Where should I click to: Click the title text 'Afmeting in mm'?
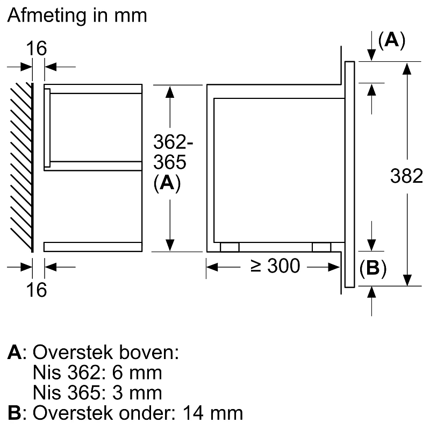pyautogui.click(x=77, y=15)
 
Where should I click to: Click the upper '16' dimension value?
pyautogui.click(x=37, y=48)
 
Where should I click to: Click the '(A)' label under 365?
pyautogui.click(x=167, y=183)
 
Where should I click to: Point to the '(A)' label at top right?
pyautogui.click(x=391, y=40)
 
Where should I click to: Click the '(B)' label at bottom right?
pyautogui.click(x=373, y=268)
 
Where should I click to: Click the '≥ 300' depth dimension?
pyautogui.click(x=275, y=266)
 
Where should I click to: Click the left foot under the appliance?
pyautogui.click(x=230, y=247)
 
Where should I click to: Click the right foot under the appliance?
pyautogui.click(x=321, y=247)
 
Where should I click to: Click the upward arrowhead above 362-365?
pyautogui.click(x=170, y=92)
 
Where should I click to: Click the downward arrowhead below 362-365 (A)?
pyautogui.click(x=170, y=244)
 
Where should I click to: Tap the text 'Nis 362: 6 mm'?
pyautogui.click(x=97, y=372)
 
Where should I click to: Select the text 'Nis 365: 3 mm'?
pyautogui.click(x=97, y=391)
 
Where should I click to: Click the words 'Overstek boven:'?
pyautogui.click(x=105, y=353)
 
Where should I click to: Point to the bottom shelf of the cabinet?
pyautogui.click(x=92, y=247)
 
